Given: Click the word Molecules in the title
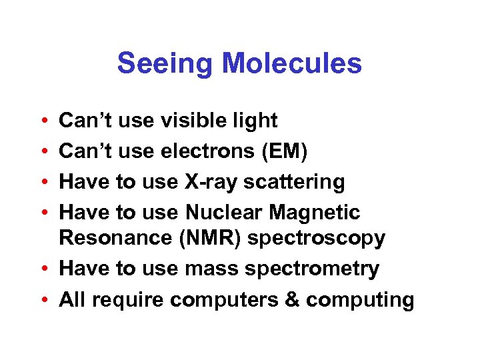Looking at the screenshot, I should point(293,64).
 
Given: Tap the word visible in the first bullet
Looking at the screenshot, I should point(196,121).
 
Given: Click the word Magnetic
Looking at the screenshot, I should point(317,213).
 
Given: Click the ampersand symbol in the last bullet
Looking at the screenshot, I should point(291,299).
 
